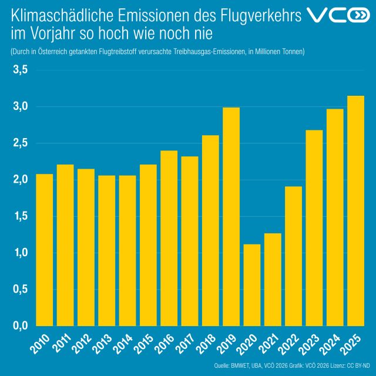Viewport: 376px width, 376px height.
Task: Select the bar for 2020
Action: click(x=251, y=285)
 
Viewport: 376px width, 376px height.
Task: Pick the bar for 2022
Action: click(x=293, y=256)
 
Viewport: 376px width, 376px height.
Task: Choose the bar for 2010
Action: click(x=45, y=250)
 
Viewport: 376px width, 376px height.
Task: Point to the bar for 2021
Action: click(x=273, y=279)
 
